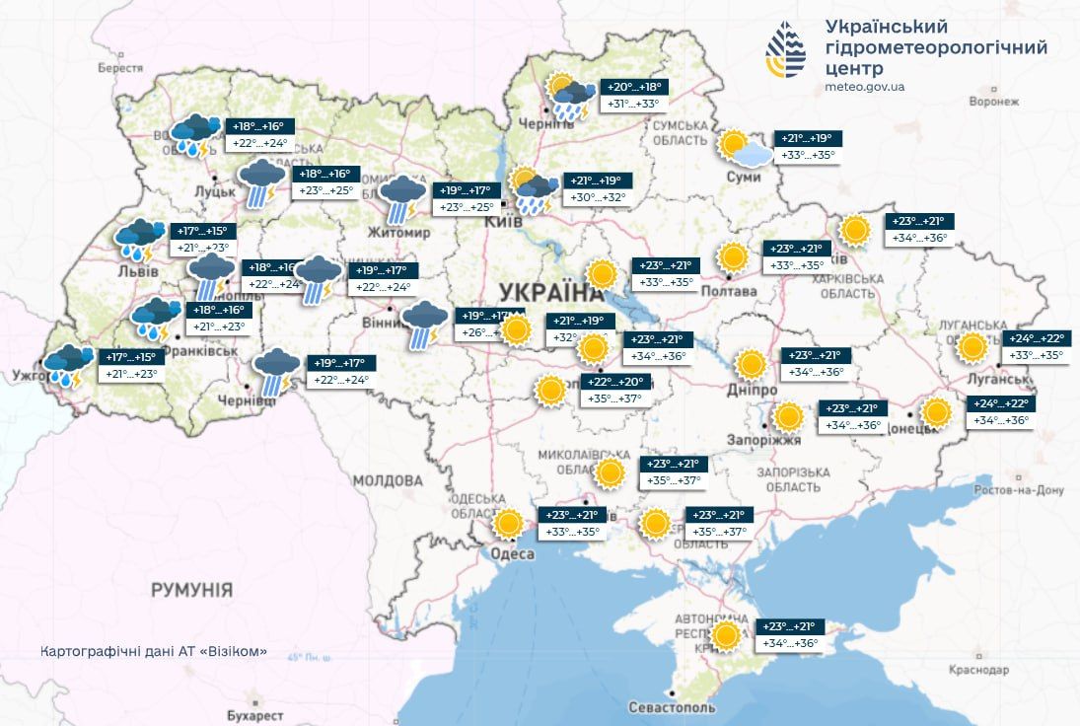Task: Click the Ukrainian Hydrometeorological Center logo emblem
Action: pos(786,48)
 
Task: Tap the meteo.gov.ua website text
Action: pos(864,87)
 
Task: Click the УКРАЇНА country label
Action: pos(549,292)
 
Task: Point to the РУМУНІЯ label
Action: pos(191,590)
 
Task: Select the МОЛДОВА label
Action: pos(388,481)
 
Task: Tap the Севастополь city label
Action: pos(672,707)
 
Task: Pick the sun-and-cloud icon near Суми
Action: pos(745,149)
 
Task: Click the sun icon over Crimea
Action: pos(726,636)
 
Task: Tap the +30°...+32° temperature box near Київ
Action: pos(597,198)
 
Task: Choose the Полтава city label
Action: pos(729,291)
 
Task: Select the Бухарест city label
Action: pos(254,715)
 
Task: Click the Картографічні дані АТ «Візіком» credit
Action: pos(154,653)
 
